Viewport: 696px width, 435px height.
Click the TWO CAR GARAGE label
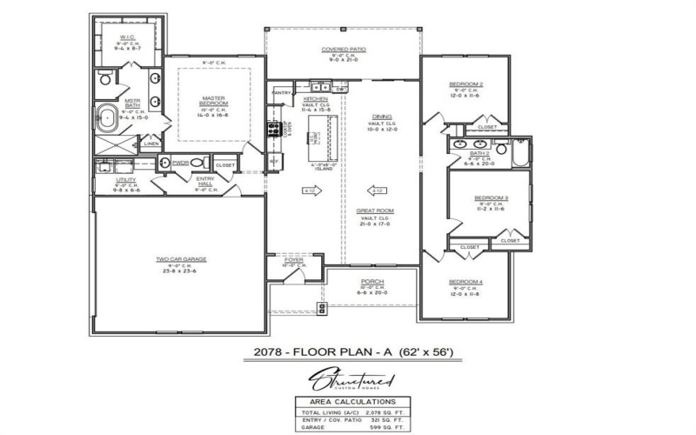click(x=181, y=259)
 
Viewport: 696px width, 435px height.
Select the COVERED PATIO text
click(x=343, y=50)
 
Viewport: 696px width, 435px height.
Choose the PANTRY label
click(x=281, y=91)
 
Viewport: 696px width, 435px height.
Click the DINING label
click(x=382, y=117)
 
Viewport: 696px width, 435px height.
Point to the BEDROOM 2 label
click(x=465, y=84)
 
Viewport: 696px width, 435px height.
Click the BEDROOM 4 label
click(x=465, y=282)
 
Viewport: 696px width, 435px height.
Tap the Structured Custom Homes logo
click(x=347, y=381)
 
